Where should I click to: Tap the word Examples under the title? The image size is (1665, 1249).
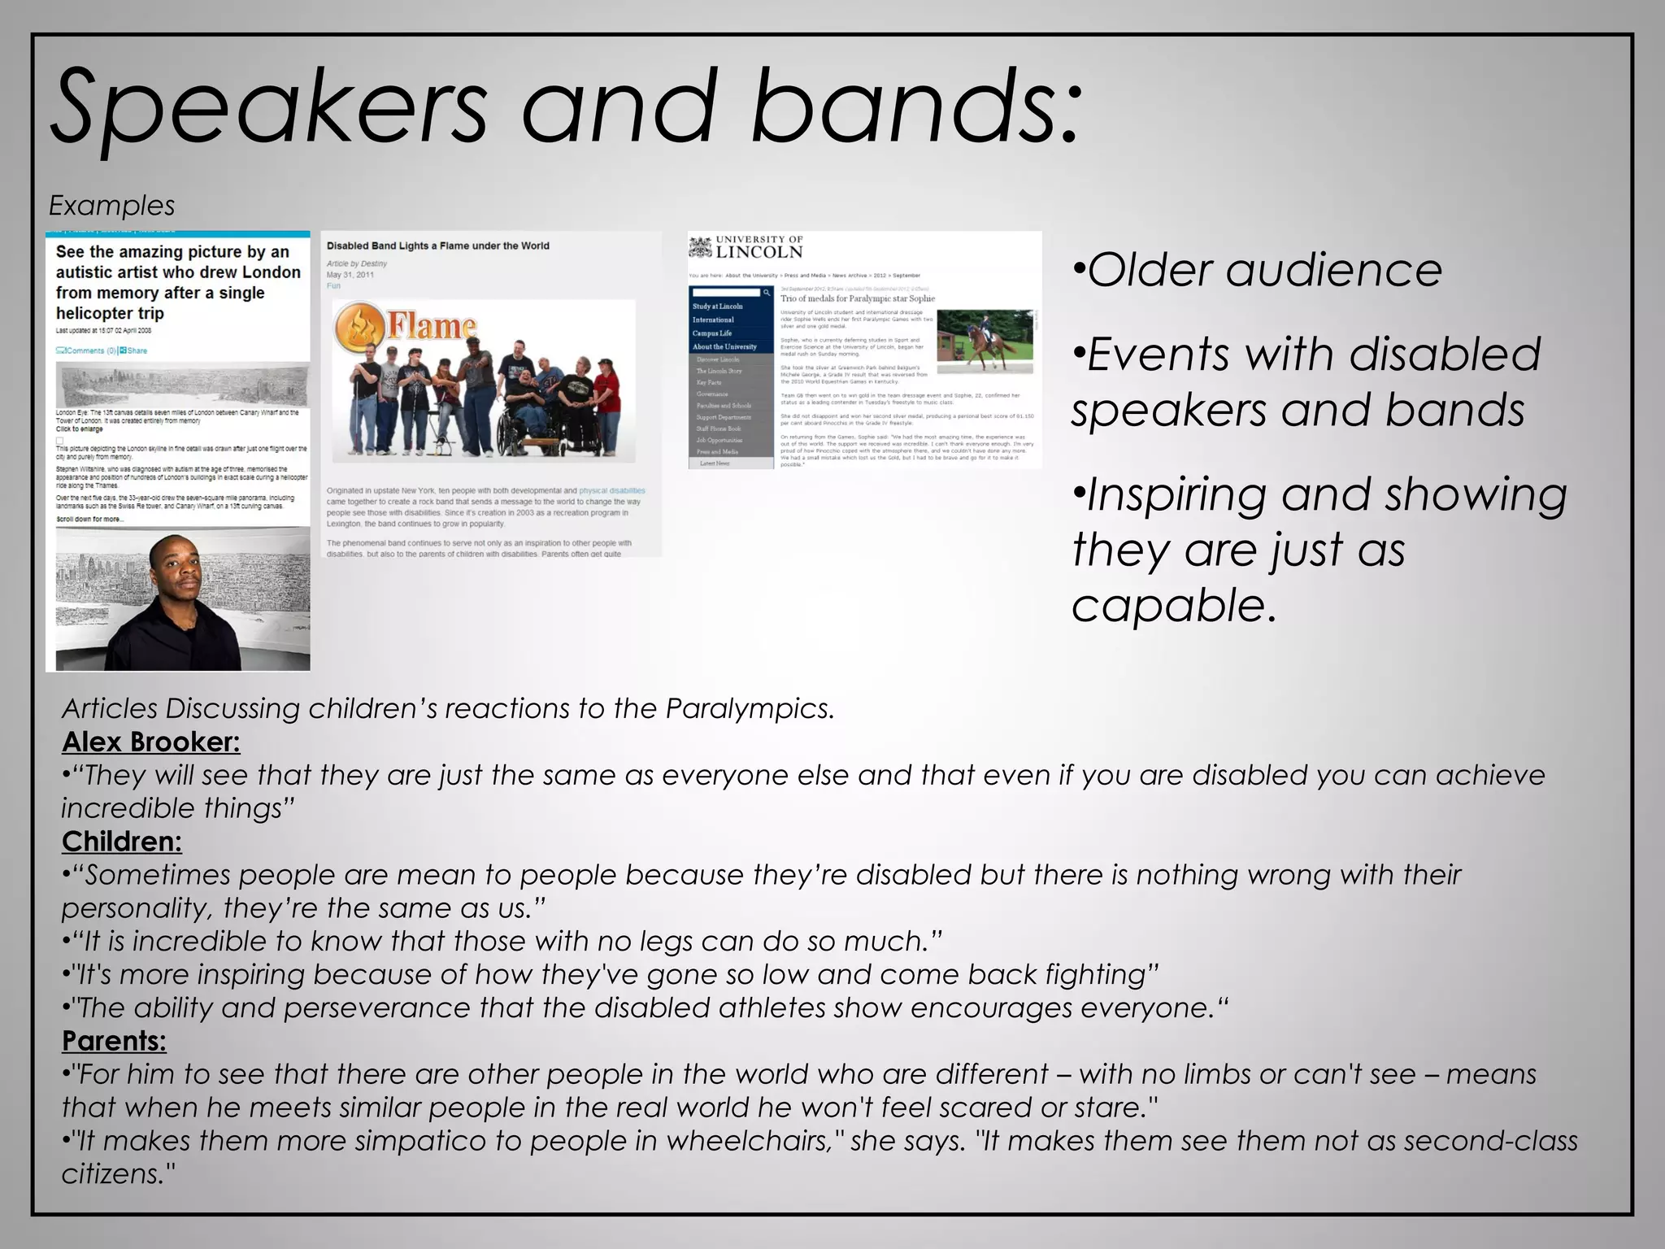[111, 206]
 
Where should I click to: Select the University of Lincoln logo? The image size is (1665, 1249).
[746, 247]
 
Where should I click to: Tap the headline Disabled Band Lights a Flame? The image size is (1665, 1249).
[437, 246]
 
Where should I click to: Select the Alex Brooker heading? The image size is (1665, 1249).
[150, 742]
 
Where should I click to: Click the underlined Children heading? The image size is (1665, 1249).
[122, 842]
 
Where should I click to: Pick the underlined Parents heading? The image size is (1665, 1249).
[114, 1041]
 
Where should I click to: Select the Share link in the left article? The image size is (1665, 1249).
[134, 350]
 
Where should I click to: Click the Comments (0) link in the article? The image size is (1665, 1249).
[85, 350]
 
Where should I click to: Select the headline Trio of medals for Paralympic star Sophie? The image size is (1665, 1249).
[857, 298]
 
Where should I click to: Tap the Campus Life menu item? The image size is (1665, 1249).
[712, 333]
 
